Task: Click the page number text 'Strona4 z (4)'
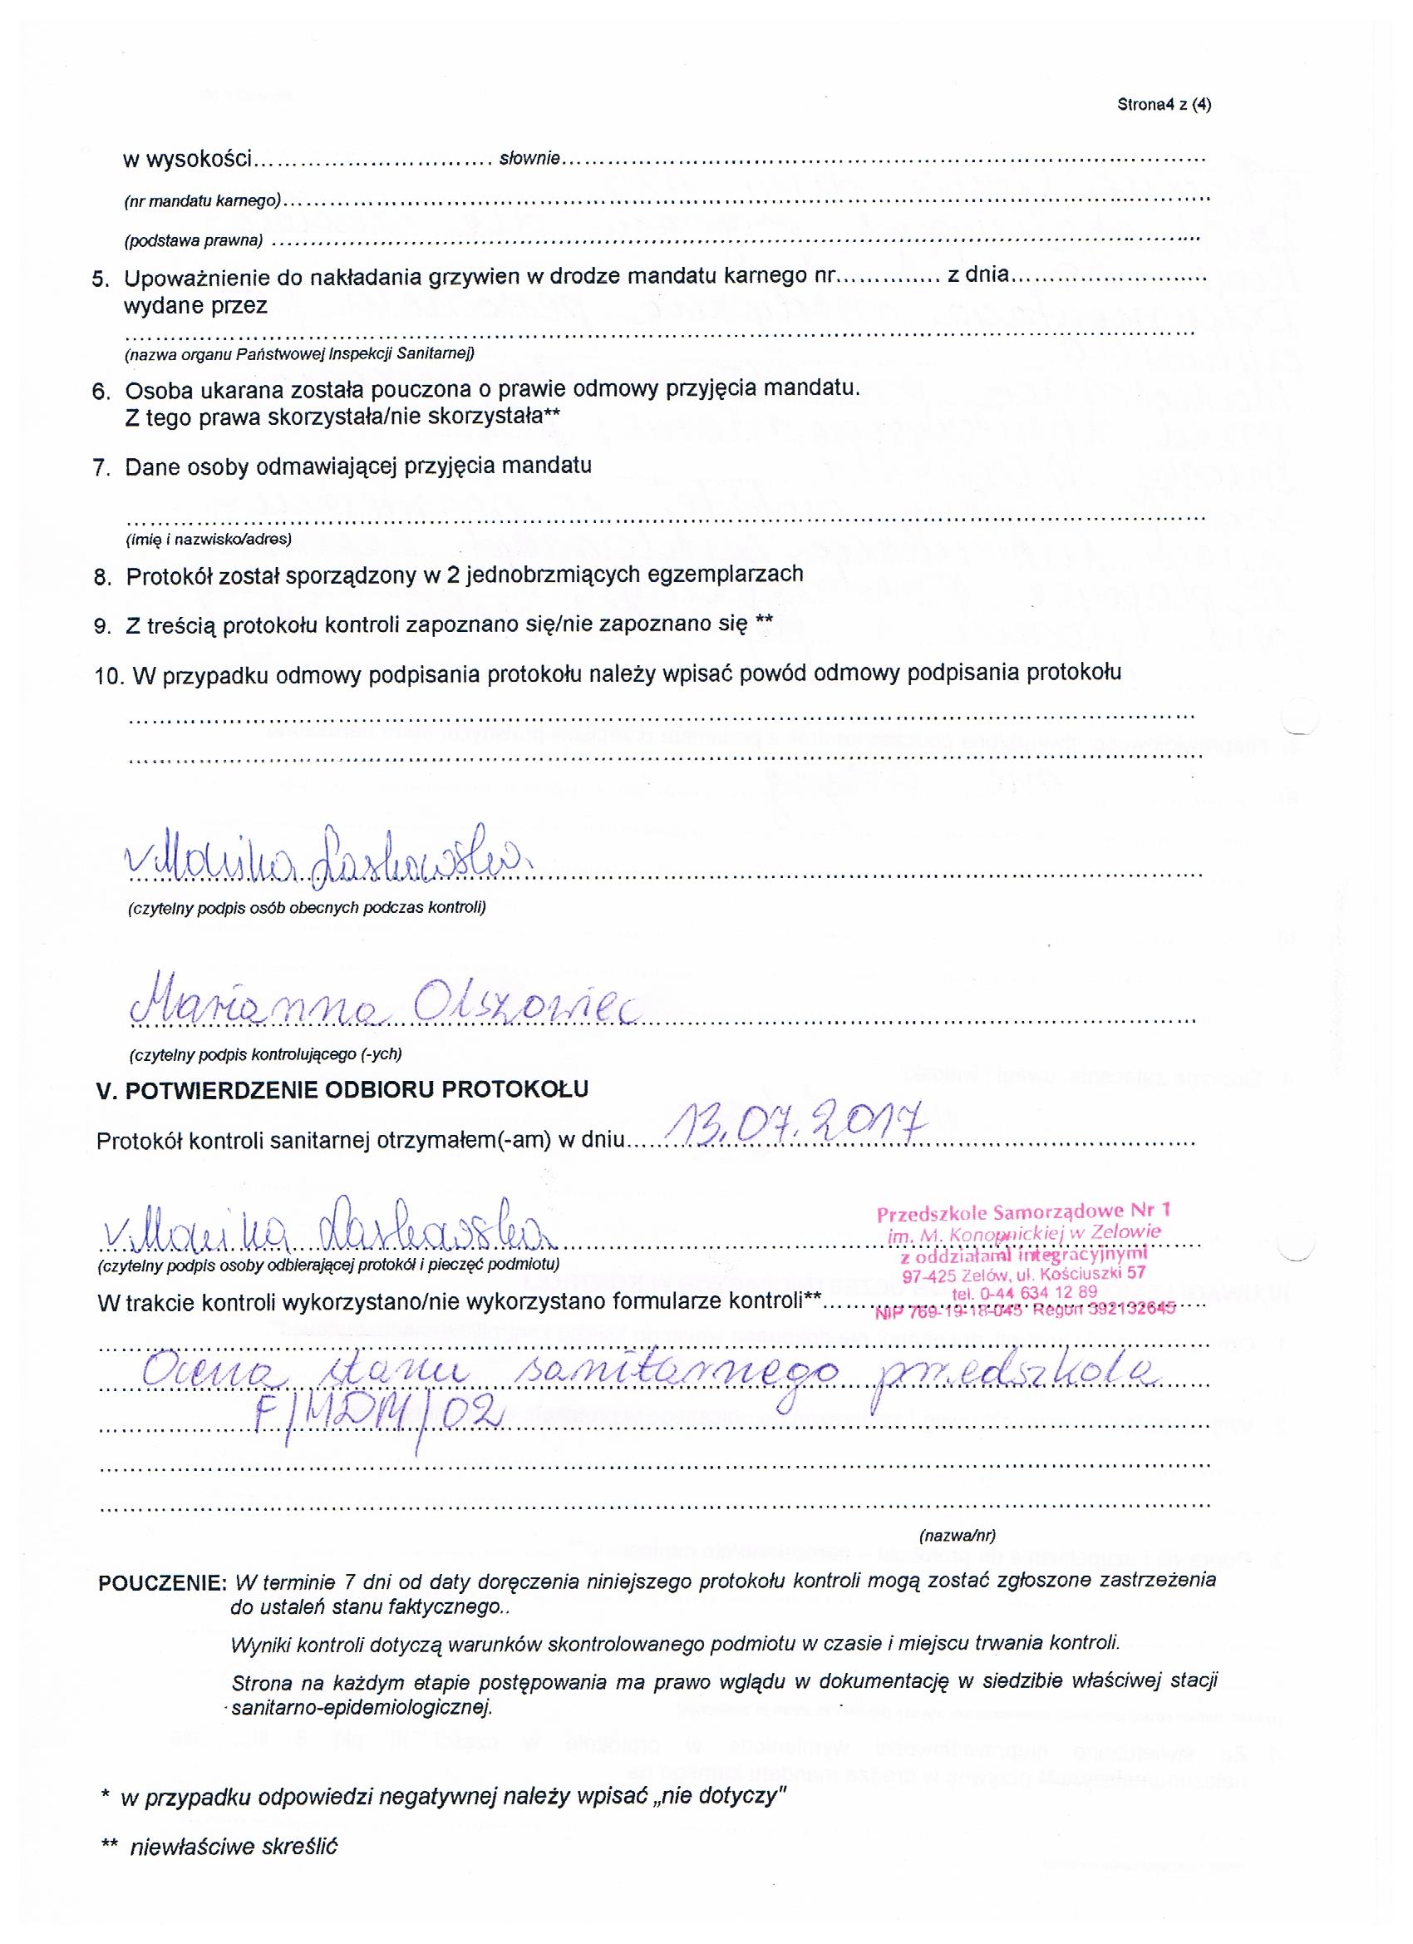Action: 1164,106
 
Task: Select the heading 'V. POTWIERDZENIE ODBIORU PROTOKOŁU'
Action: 342,1090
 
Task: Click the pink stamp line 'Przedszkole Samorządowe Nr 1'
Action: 1023,1212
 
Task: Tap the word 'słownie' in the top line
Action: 529,159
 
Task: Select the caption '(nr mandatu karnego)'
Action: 202,201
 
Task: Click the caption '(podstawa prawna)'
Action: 194,241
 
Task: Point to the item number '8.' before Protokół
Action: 103,577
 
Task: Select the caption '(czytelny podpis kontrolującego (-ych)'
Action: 265,1053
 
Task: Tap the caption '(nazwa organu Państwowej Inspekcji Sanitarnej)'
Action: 299,353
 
